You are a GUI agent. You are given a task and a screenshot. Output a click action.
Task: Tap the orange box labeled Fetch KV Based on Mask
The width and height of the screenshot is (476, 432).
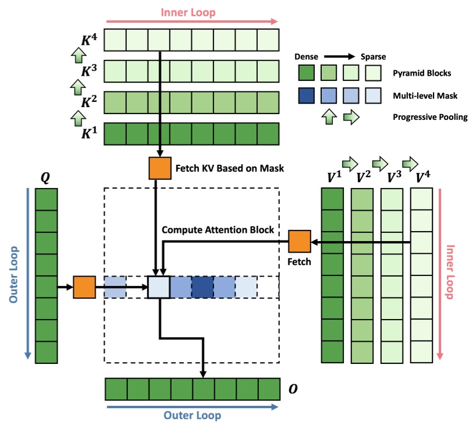click(159, 168)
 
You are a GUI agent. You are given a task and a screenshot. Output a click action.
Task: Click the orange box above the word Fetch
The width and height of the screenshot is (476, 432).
click(300, 242)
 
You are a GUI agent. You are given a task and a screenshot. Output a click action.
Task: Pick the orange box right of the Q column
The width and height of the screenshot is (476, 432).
click(84, 287)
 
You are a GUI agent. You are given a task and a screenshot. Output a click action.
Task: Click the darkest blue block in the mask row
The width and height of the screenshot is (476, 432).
click(203, 287)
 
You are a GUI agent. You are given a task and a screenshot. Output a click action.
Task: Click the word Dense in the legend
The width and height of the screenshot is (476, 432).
click(307, 57)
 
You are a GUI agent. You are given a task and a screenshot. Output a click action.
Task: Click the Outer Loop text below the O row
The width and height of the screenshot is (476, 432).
click(192, 416)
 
